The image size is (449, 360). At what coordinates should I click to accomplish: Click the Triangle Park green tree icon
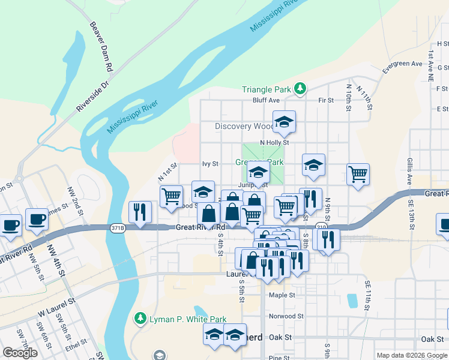[301, 89]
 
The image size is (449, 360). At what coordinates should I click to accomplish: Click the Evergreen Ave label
[403, 64]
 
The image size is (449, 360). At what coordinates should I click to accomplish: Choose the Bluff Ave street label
[266, 100]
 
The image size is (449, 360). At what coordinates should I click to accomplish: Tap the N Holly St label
[274, 143]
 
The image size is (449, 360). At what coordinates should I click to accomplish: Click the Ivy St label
[210, 163]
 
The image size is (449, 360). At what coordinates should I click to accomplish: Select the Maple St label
[282, 295]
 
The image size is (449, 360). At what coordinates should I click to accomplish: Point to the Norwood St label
[287, 316]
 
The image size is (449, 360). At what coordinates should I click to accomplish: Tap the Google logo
[20, 353]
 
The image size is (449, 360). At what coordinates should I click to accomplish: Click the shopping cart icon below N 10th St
[358, 175]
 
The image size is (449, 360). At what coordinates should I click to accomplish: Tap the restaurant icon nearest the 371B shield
[140, 212]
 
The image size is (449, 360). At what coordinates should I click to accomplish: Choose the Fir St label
[326, 100]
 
